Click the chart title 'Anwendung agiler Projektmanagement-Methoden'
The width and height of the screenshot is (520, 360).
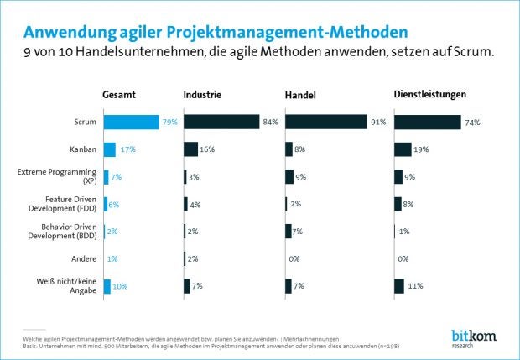coord(216,32)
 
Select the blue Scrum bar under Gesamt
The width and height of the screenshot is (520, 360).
coord(131,123)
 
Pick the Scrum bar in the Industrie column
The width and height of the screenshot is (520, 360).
coord(221,123)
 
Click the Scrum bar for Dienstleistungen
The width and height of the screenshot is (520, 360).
coord(427,123)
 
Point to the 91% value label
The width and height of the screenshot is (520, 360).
coord(378,123)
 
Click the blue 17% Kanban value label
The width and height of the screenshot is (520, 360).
coord(127,149)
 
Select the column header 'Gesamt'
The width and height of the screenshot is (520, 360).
coord(120,94)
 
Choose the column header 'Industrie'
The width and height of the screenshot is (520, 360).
coord(202,94)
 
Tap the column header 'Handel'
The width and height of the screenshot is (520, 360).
coord(300,95)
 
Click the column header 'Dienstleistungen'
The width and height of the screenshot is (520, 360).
coord(430,94)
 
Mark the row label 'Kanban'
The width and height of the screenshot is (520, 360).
coord(81,149)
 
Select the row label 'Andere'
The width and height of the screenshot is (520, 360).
coord(82,258)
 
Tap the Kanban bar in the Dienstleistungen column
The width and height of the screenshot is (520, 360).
coord(403,149)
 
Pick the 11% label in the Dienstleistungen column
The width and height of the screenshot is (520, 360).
coord(415,286)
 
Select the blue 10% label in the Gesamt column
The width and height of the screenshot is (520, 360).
coord(121,286)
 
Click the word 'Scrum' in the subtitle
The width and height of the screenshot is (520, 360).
coord(471,52)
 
